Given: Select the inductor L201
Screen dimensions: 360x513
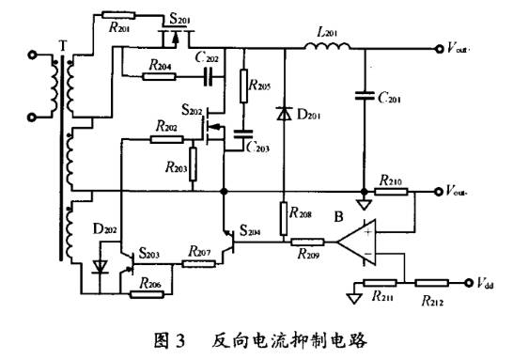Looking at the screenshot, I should (x=327, y=45).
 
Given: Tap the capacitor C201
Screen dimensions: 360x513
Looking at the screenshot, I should (x=361, y=93).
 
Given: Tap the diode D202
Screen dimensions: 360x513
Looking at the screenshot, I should (x=100, y=267).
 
